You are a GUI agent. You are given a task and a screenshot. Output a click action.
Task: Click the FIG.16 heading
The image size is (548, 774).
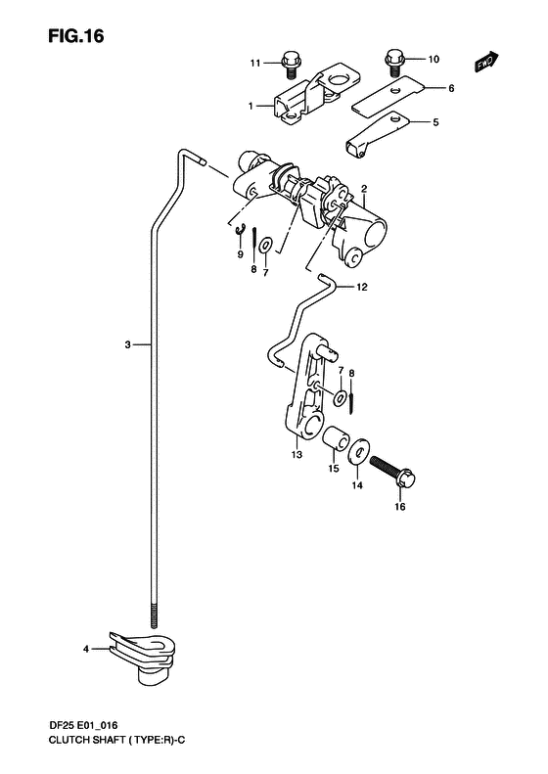(x=76, y=36)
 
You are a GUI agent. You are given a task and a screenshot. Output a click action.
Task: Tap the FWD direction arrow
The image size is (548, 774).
(x=486, y=62)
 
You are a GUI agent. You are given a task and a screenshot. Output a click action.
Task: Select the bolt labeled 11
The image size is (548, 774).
(x=290, y=65)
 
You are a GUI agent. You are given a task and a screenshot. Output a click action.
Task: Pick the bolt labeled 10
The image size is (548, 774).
(x=394, y=63)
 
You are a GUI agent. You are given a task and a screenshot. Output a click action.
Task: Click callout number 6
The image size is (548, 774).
(x=451, y=88)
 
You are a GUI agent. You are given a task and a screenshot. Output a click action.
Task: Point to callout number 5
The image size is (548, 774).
(x=435, y=122)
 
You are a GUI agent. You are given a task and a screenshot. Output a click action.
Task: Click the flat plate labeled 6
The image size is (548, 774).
(x=388, y=97)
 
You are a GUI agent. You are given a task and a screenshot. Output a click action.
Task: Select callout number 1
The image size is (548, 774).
(x=251, y=106)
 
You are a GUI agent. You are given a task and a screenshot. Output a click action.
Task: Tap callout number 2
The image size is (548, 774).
(x=364, y=189)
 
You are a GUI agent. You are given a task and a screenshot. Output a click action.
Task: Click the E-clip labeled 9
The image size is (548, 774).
(x=241, y=230)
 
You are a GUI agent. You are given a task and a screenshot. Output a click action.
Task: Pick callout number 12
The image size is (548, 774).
(x=362, y=287)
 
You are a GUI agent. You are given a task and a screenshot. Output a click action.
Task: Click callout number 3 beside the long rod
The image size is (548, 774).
(x=127, y=344)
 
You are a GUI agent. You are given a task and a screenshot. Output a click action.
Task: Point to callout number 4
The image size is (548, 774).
(x=86, y=649)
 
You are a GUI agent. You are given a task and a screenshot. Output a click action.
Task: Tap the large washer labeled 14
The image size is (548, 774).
(x=358, y=451)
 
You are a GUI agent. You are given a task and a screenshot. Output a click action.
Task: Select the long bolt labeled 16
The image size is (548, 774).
(x=393, y=470)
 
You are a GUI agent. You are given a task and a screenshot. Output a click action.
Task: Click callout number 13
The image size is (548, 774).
(x=297, y=455)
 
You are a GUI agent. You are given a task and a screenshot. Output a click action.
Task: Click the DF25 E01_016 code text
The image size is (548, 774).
(x=82, y=726)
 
